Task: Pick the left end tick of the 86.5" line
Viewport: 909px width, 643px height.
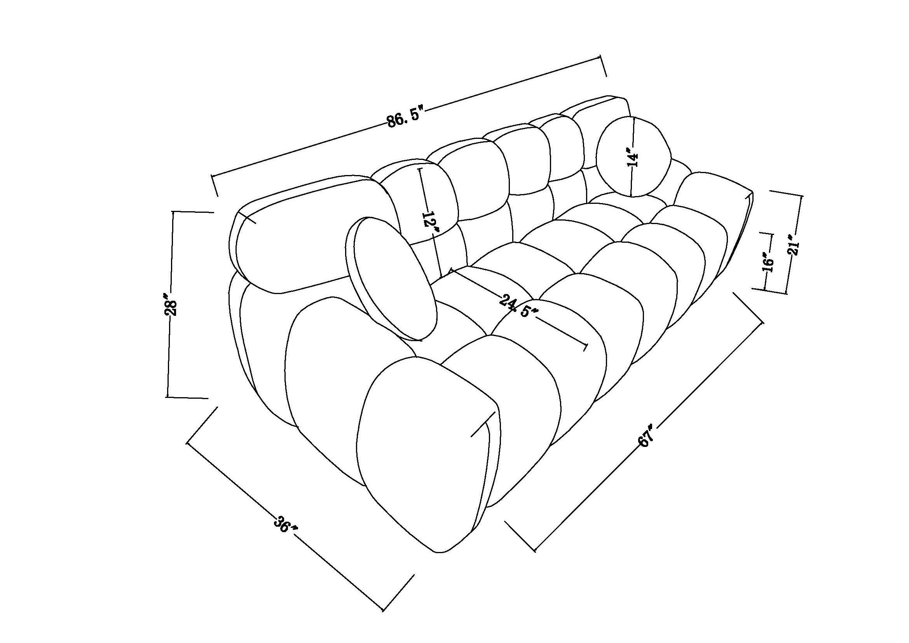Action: [215, 186]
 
